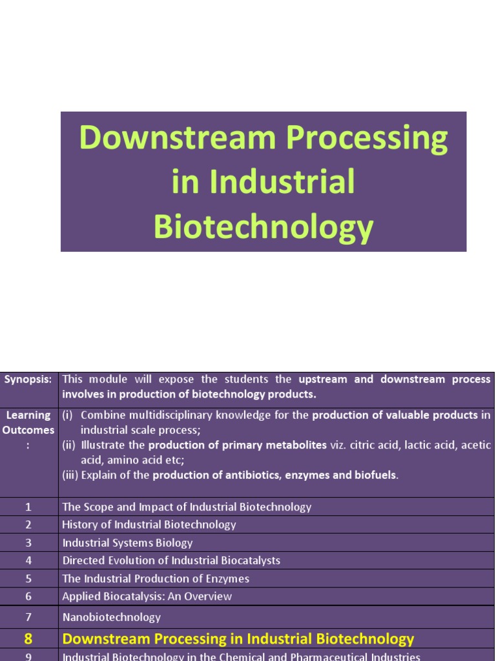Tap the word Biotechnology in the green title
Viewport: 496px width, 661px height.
tap(263, 227)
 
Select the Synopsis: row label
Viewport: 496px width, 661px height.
tap(28, 380)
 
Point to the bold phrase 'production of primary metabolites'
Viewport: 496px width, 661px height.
tap(237, 445)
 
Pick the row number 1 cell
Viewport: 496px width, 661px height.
tap(28, 507)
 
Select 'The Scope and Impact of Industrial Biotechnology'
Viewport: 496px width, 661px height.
tap(187, 507)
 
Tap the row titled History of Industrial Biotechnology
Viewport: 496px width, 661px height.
tap(149, 525)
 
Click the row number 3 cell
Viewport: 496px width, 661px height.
tap(28, 543)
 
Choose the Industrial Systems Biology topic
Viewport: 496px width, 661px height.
tap(127, 543)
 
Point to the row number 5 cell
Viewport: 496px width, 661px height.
tap(28, 578)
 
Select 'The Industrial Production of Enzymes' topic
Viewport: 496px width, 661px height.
tap(156, 578)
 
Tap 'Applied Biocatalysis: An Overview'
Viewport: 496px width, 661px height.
tap(147, 596)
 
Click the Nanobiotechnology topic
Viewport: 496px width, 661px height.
tap(112, 617)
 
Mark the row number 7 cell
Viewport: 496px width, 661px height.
tap(28, 617)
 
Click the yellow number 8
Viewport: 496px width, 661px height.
tap(28, 639)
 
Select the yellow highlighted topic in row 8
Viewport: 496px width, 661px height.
tap(238, 639)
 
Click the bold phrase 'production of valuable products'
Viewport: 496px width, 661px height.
tap(395, 415)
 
